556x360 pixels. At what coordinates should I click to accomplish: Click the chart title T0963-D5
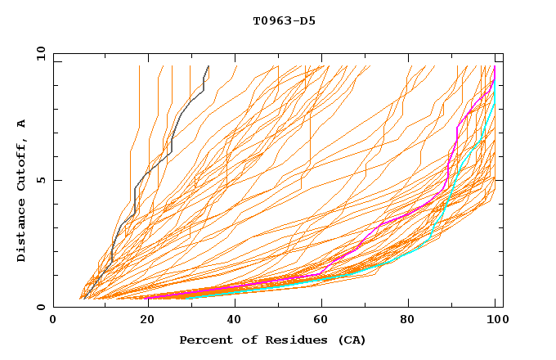click(284, 20)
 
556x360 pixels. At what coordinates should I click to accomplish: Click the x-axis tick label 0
click(53, 322)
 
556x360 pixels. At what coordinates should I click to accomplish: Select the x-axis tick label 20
click(141, 322)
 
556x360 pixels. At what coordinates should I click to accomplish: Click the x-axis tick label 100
click(495, 322)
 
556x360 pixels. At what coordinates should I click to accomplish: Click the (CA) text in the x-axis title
click(350, 340)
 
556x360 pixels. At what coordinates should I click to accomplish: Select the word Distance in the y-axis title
click(22, 231)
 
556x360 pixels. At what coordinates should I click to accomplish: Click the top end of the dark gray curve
click(208, 66)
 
